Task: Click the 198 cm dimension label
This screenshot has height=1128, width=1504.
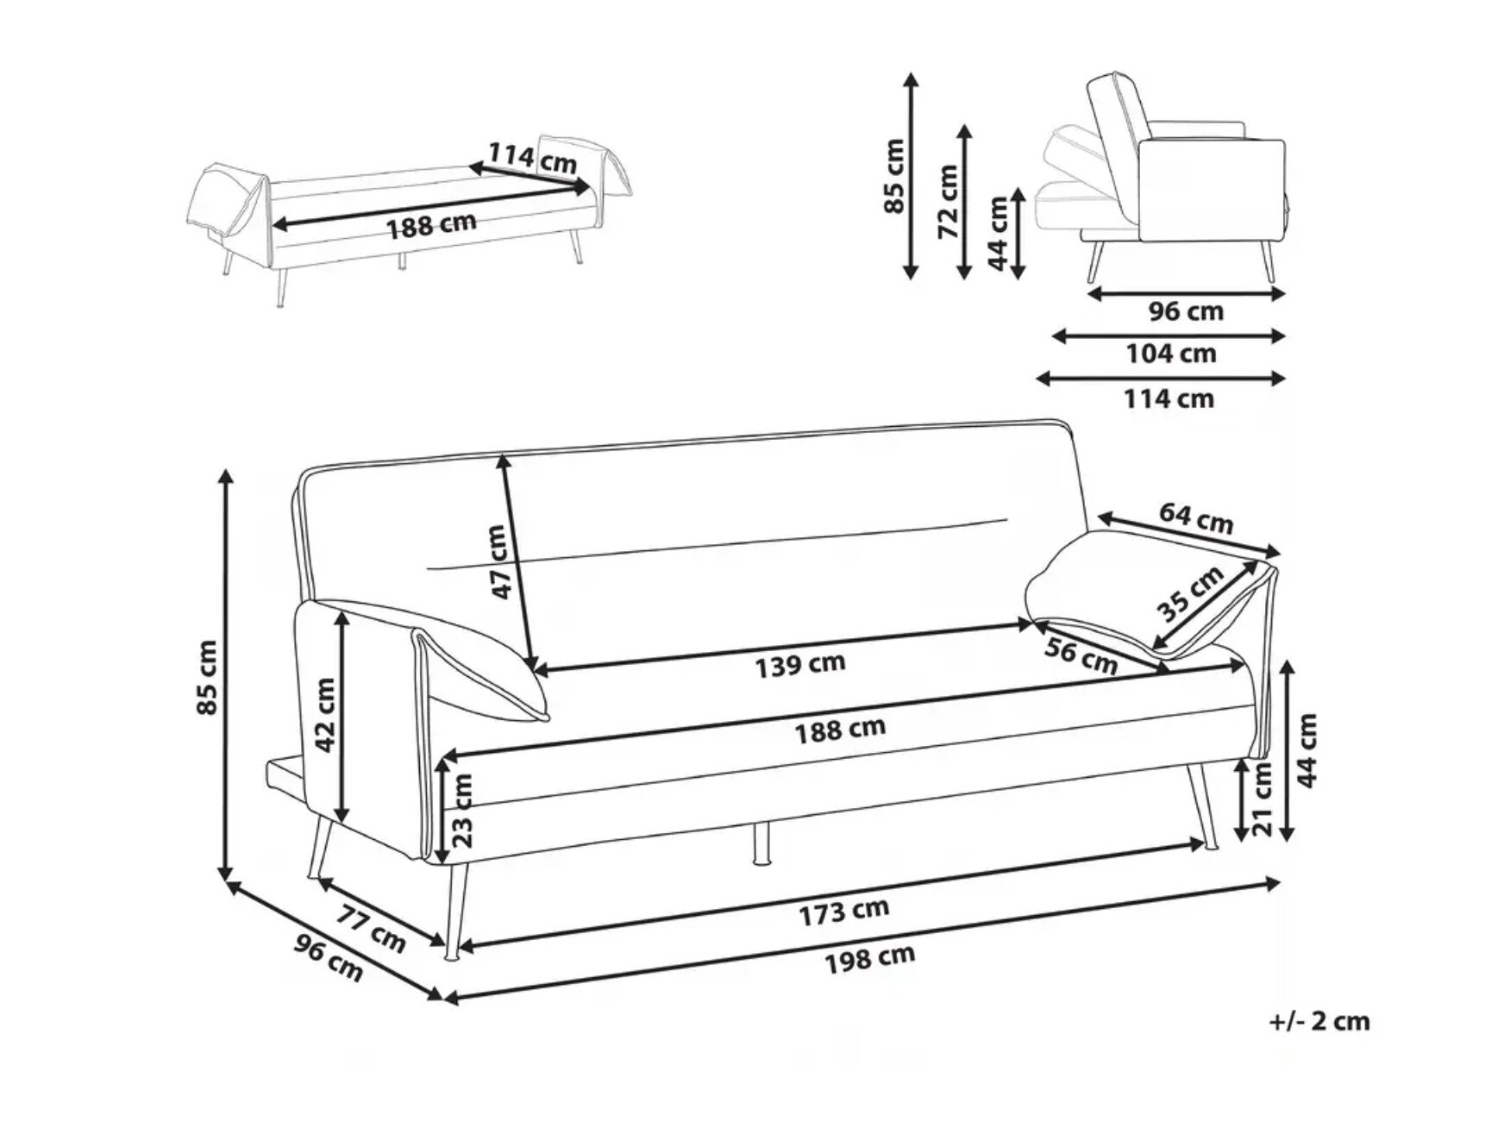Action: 869,959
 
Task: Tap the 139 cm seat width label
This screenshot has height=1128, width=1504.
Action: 799,665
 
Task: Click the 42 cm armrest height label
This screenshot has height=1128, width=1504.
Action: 324,714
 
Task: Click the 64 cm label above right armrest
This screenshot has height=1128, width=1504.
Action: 1195,517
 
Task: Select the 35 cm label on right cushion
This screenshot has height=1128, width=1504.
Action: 1190,593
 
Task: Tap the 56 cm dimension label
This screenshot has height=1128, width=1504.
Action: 1081,656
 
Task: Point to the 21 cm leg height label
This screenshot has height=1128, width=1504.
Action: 1262,798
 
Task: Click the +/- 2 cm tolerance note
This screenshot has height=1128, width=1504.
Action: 1319,1021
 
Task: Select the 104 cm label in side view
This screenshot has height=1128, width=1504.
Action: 1170,354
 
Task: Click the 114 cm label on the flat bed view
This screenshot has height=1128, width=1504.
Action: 532,157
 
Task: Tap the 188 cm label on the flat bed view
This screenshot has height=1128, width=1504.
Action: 430,226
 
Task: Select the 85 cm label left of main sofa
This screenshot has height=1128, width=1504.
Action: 208,677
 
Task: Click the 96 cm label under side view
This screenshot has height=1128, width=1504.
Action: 1185,311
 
